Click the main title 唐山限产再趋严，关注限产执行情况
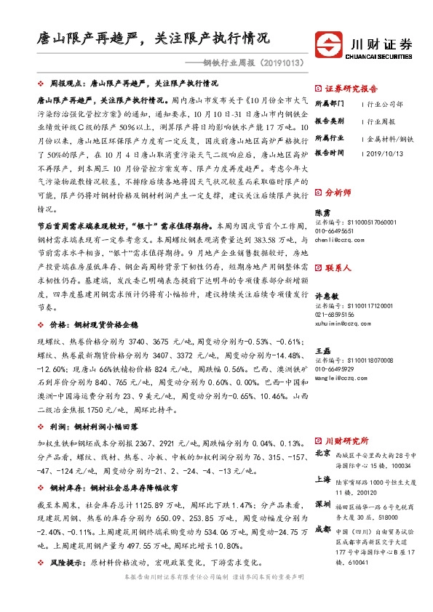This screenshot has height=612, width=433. tap(154, 37)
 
